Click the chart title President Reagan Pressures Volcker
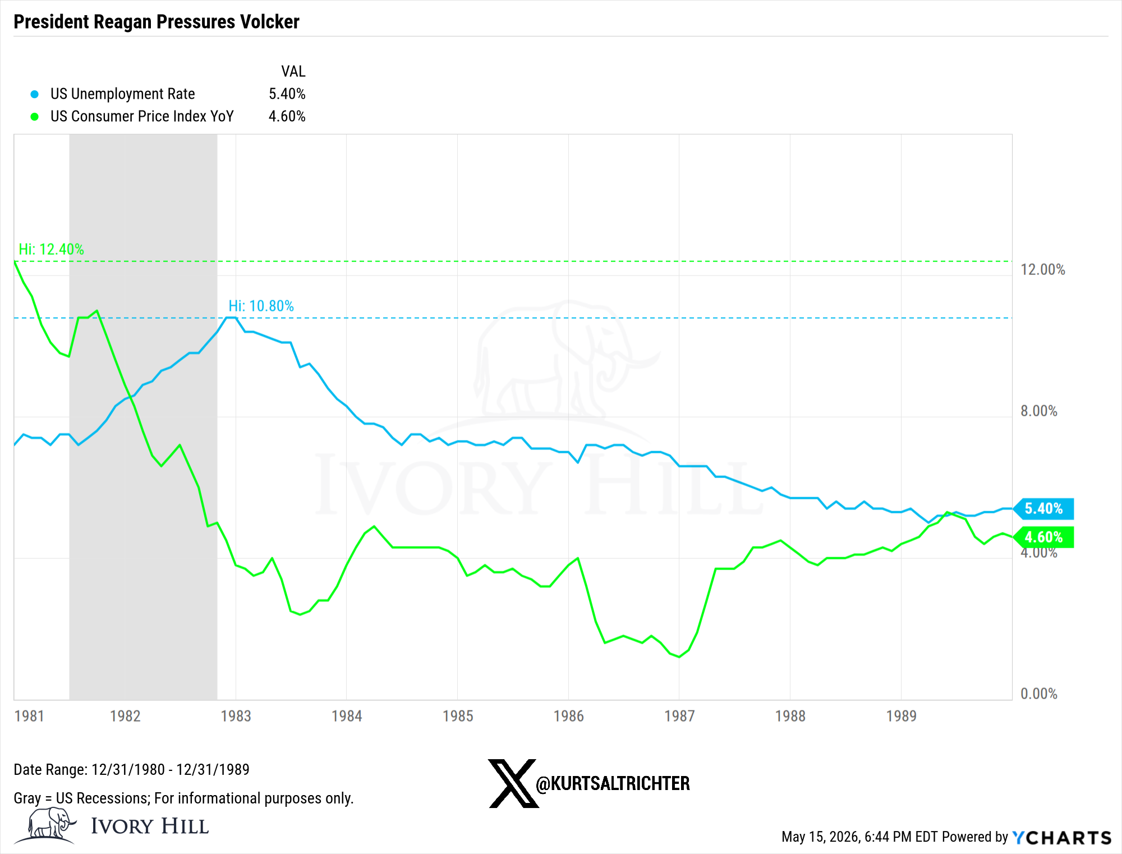tap(157, 22)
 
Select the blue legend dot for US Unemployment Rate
tap(35, 94)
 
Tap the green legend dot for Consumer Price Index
tap(35, 117)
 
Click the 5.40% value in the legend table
tap(287, 94)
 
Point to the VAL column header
tap(293, 71)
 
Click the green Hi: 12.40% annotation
tap(51, 249)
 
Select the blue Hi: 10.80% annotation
tap(261, 306)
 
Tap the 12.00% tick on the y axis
tap(1042, 269)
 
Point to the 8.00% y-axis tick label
tap(1039, 411)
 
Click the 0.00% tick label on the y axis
tap(1039, 694)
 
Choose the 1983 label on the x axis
tap(236, 716)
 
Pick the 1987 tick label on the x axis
tap(679, 716)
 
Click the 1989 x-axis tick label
tap(901, 716)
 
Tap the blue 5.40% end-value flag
tap(1044, 508)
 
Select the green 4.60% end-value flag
tap(1044, 537)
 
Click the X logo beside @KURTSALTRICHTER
tap(513, 783)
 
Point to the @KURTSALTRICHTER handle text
tap(613, 783)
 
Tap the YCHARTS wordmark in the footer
tap(1061, 837)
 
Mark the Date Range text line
tap(131, 769)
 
